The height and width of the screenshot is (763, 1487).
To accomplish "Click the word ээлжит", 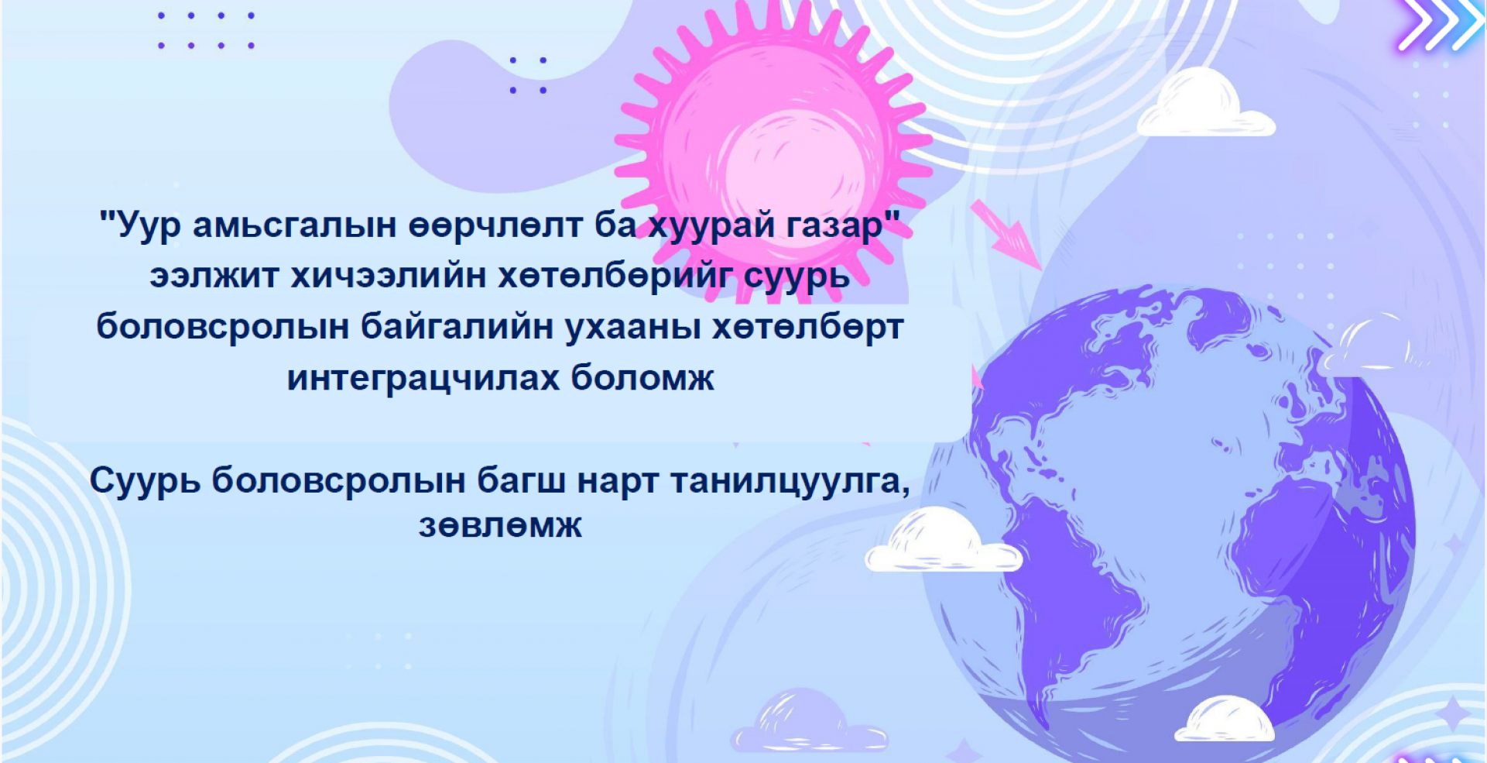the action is [x=214, y=276].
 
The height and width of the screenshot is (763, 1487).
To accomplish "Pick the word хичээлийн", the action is [x=388, y=275].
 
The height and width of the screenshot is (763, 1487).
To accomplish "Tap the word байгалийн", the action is [x=456, y=326].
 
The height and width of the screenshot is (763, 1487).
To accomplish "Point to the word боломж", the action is [x=642, y=378].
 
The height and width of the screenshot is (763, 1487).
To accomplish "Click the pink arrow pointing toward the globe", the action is [x=1006, y=234].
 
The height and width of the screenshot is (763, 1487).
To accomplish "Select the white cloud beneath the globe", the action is [x=1224, y=719].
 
